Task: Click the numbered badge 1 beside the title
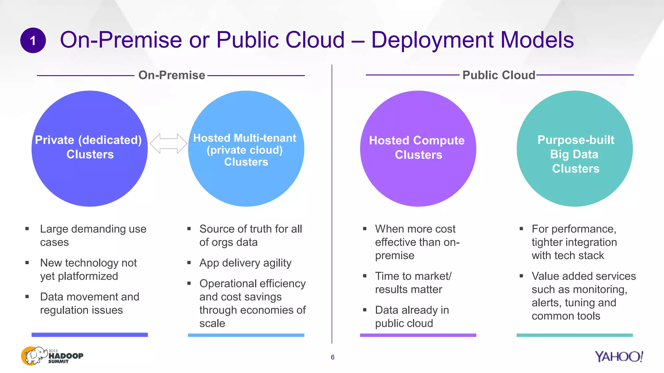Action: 33,40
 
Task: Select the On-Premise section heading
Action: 172,75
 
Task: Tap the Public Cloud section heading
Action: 499,75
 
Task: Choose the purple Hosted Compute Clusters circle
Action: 418,181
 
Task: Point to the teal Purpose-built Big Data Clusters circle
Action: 575,191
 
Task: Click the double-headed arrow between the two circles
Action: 168,143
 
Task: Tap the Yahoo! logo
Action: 619,356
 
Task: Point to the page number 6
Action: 332,357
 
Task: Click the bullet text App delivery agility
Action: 245,263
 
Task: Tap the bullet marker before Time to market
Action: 365,276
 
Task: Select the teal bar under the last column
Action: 575,335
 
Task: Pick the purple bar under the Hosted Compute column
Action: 418,335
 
